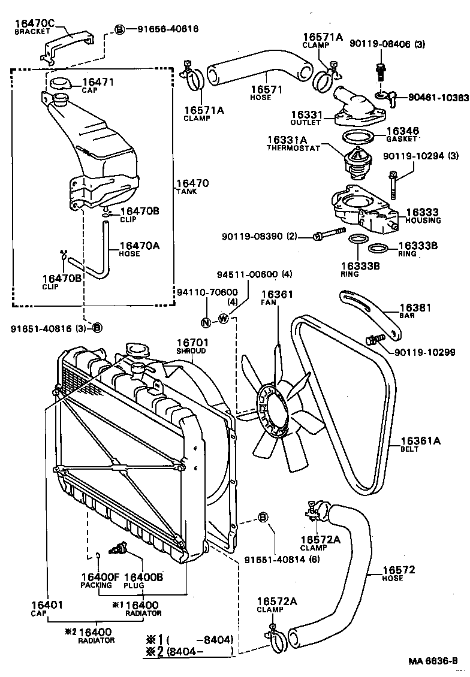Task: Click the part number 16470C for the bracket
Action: pos(34,23)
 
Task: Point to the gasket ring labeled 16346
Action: pos(359,137)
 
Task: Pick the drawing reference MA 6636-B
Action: pos(437,661)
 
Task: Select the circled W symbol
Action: pos(223,318)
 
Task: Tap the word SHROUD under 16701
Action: pos(191,350)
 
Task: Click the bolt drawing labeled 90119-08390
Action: pos(329,234)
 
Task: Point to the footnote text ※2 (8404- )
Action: pos(189,651)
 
